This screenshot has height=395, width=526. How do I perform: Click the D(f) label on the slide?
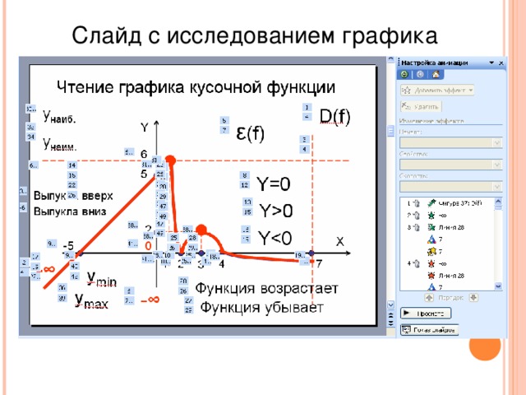pos(334,116)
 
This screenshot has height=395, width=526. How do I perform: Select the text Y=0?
pos(273,184)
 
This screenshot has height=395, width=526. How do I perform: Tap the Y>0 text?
pos(276,211)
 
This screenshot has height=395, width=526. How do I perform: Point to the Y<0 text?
pos(275,239)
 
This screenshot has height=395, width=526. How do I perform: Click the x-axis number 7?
pos(320,264)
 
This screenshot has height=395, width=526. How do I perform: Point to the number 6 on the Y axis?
pos(144,154)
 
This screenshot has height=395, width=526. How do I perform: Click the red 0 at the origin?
pos(148,245)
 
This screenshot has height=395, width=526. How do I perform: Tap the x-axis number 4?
pos(221,264)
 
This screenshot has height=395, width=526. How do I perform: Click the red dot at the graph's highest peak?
pos(171,158)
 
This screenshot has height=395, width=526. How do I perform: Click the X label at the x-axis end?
pos(339,239)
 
